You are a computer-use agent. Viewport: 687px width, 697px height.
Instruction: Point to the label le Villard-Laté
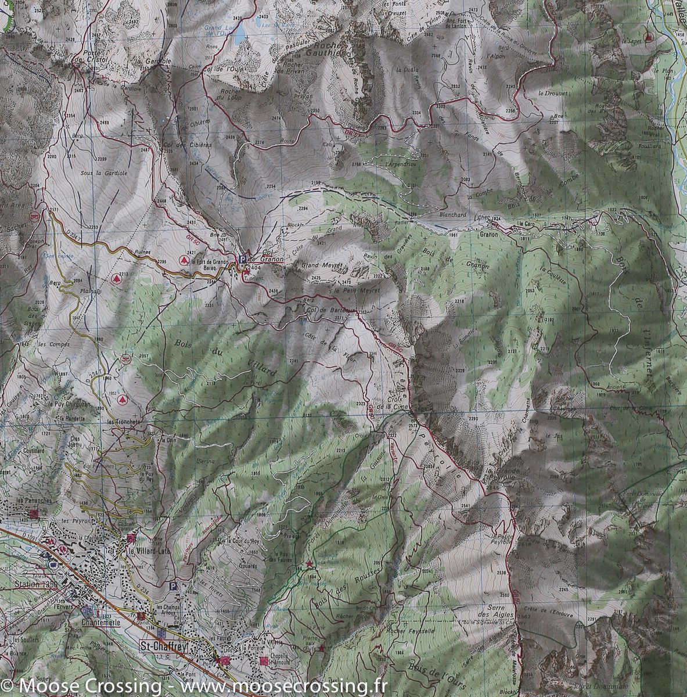tap(149, 551)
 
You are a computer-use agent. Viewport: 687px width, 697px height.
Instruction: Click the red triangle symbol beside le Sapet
tap(649, 36)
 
